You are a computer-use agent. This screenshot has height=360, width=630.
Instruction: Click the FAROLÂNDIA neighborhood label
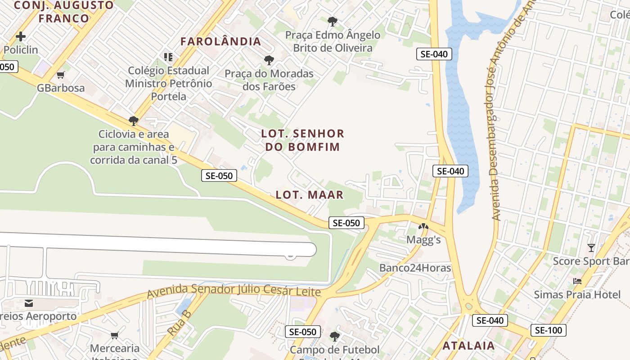click(220, 41)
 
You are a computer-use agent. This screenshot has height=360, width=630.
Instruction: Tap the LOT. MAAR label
click(310, 195)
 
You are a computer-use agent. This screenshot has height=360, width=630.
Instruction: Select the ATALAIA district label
click(468, 346)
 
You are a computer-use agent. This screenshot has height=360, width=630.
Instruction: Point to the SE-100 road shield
click(549, 330)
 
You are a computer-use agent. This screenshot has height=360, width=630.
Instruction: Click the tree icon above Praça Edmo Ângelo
click(333, 21)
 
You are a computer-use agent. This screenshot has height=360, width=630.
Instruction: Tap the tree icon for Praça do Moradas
click(269, 60)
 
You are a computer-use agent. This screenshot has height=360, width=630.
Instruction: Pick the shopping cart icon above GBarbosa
click(61, 75)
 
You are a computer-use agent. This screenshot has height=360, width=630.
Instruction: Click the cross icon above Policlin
click(21, 36)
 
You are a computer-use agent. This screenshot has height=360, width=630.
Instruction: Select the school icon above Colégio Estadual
click(168, 57)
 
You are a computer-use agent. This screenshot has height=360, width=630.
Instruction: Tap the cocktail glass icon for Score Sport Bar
click(591, 248)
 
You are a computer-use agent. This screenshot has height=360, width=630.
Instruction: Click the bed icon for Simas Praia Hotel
click(577, 281)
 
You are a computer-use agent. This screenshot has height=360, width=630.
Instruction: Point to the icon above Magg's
click(423, 226)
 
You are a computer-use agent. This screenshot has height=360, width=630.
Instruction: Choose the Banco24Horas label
click(415, 268)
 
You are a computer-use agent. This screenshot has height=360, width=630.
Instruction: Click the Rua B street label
click(180, 322)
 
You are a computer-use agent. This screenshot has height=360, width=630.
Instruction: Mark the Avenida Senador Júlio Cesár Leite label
click(234, 290)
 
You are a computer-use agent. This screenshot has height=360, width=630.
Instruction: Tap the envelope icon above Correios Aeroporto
click(29, 303)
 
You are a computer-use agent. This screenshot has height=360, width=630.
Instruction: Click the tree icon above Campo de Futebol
click(334, 336)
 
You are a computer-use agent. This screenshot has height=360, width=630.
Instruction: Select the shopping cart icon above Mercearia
click(115, 335)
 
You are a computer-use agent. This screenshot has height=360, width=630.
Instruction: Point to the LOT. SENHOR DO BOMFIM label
click(303, 140)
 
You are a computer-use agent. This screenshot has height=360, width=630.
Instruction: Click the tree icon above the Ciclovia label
click(133, 121)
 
